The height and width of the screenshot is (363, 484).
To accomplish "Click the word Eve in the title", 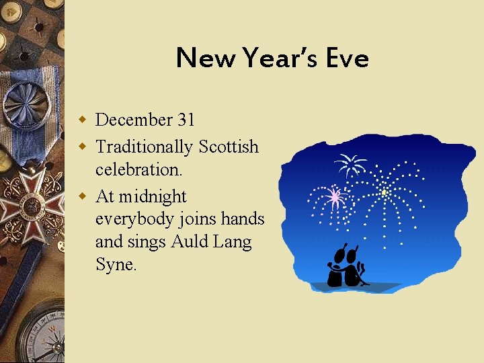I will pyautogui.click(x=348, y=58).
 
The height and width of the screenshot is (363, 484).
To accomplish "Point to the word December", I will pyautogui.click(x=134, y=120).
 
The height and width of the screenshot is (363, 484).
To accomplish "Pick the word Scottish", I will pyautogui.click(x=228, y=146).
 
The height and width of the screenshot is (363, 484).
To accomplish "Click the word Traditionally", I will pyautogui.click(x=144, y=146).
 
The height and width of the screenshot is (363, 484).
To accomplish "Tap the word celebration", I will pyautogui.click(x=138, y=170).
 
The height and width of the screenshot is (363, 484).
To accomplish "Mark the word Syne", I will pyautogui.click(x=116, y=265).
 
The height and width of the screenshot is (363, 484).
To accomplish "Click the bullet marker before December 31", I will pyautogui.click(x=83, y=120).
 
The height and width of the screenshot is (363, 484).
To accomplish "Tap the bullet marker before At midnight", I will pyautogui.click(x=83, y=196).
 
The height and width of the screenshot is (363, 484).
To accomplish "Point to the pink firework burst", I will pyautogui.click(x=335, y=197).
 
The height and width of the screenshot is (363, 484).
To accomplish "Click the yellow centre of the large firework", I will pyautogui.click(x=384, y=192).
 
